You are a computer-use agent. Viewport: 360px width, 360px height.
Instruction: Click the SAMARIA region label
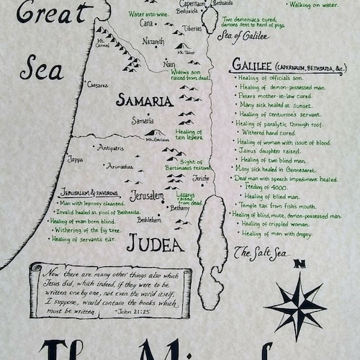tap(144, 101)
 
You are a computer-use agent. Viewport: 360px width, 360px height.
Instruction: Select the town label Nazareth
tap(153, 42)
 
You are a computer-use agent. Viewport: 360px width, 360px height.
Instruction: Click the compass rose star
tap(296, 307)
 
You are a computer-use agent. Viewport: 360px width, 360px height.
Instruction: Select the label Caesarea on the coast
tap(96, 84)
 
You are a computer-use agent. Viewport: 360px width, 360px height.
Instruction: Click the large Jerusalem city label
tap(147, 195)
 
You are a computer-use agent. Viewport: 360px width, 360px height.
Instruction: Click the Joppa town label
tap(75, 158)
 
